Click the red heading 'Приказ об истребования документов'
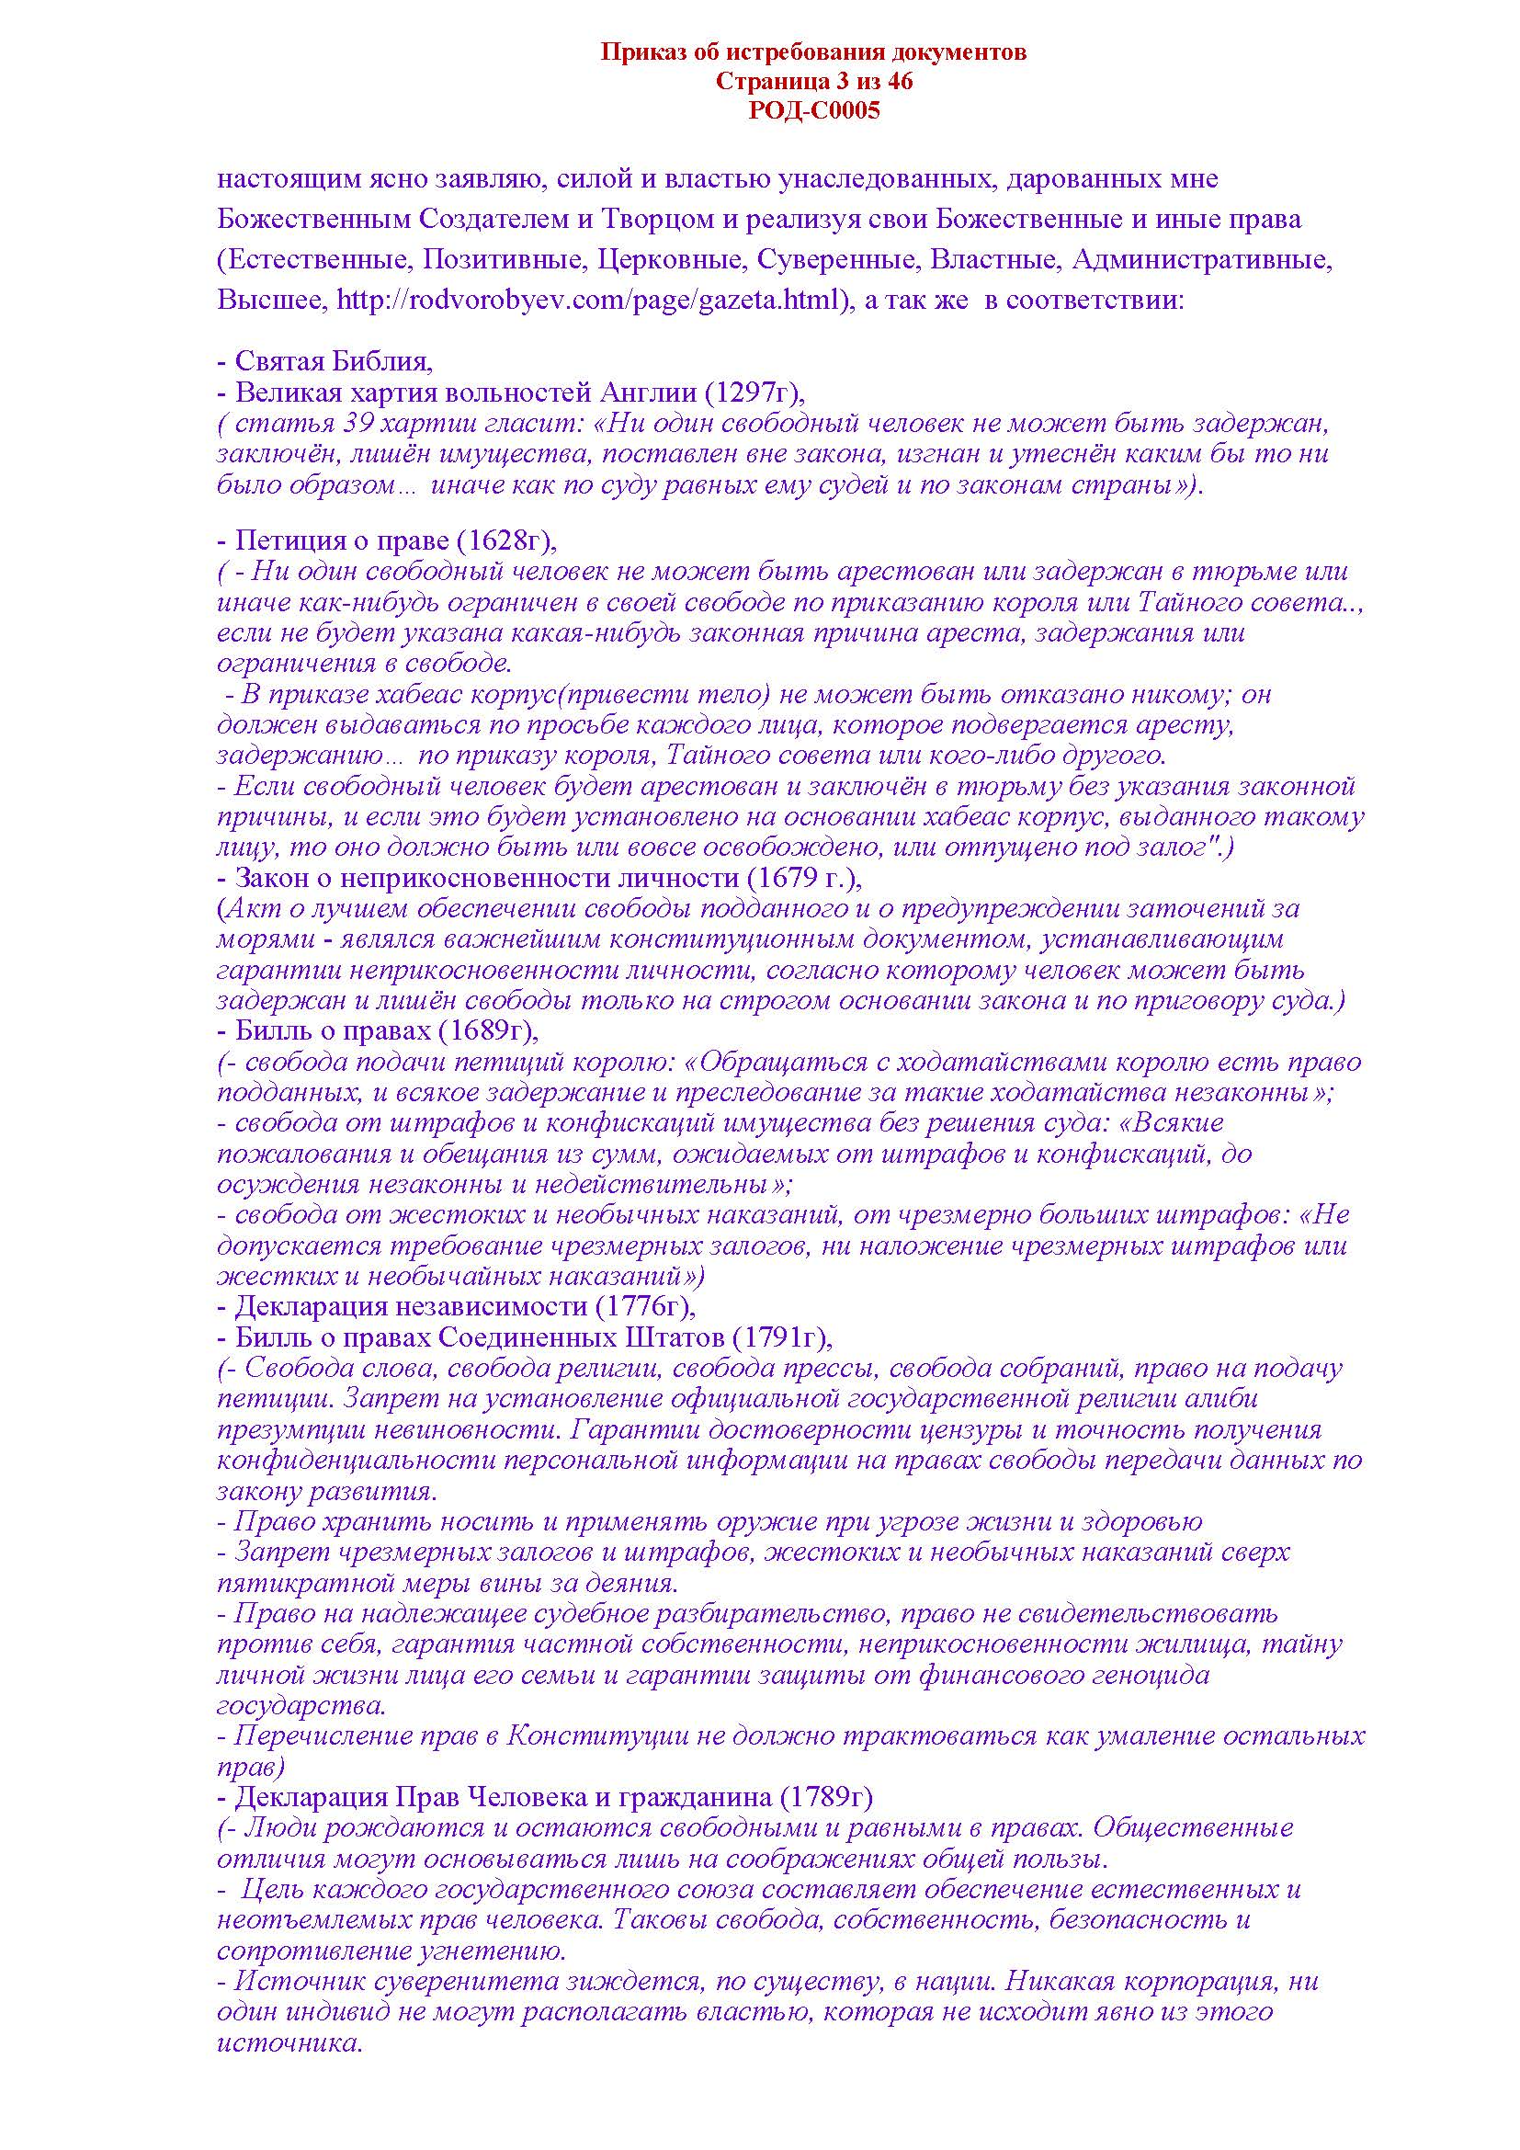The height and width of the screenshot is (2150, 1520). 812,52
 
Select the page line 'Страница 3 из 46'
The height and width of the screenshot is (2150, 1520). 813,82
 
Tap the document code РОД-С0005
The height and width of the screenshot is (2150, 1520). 813,111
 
